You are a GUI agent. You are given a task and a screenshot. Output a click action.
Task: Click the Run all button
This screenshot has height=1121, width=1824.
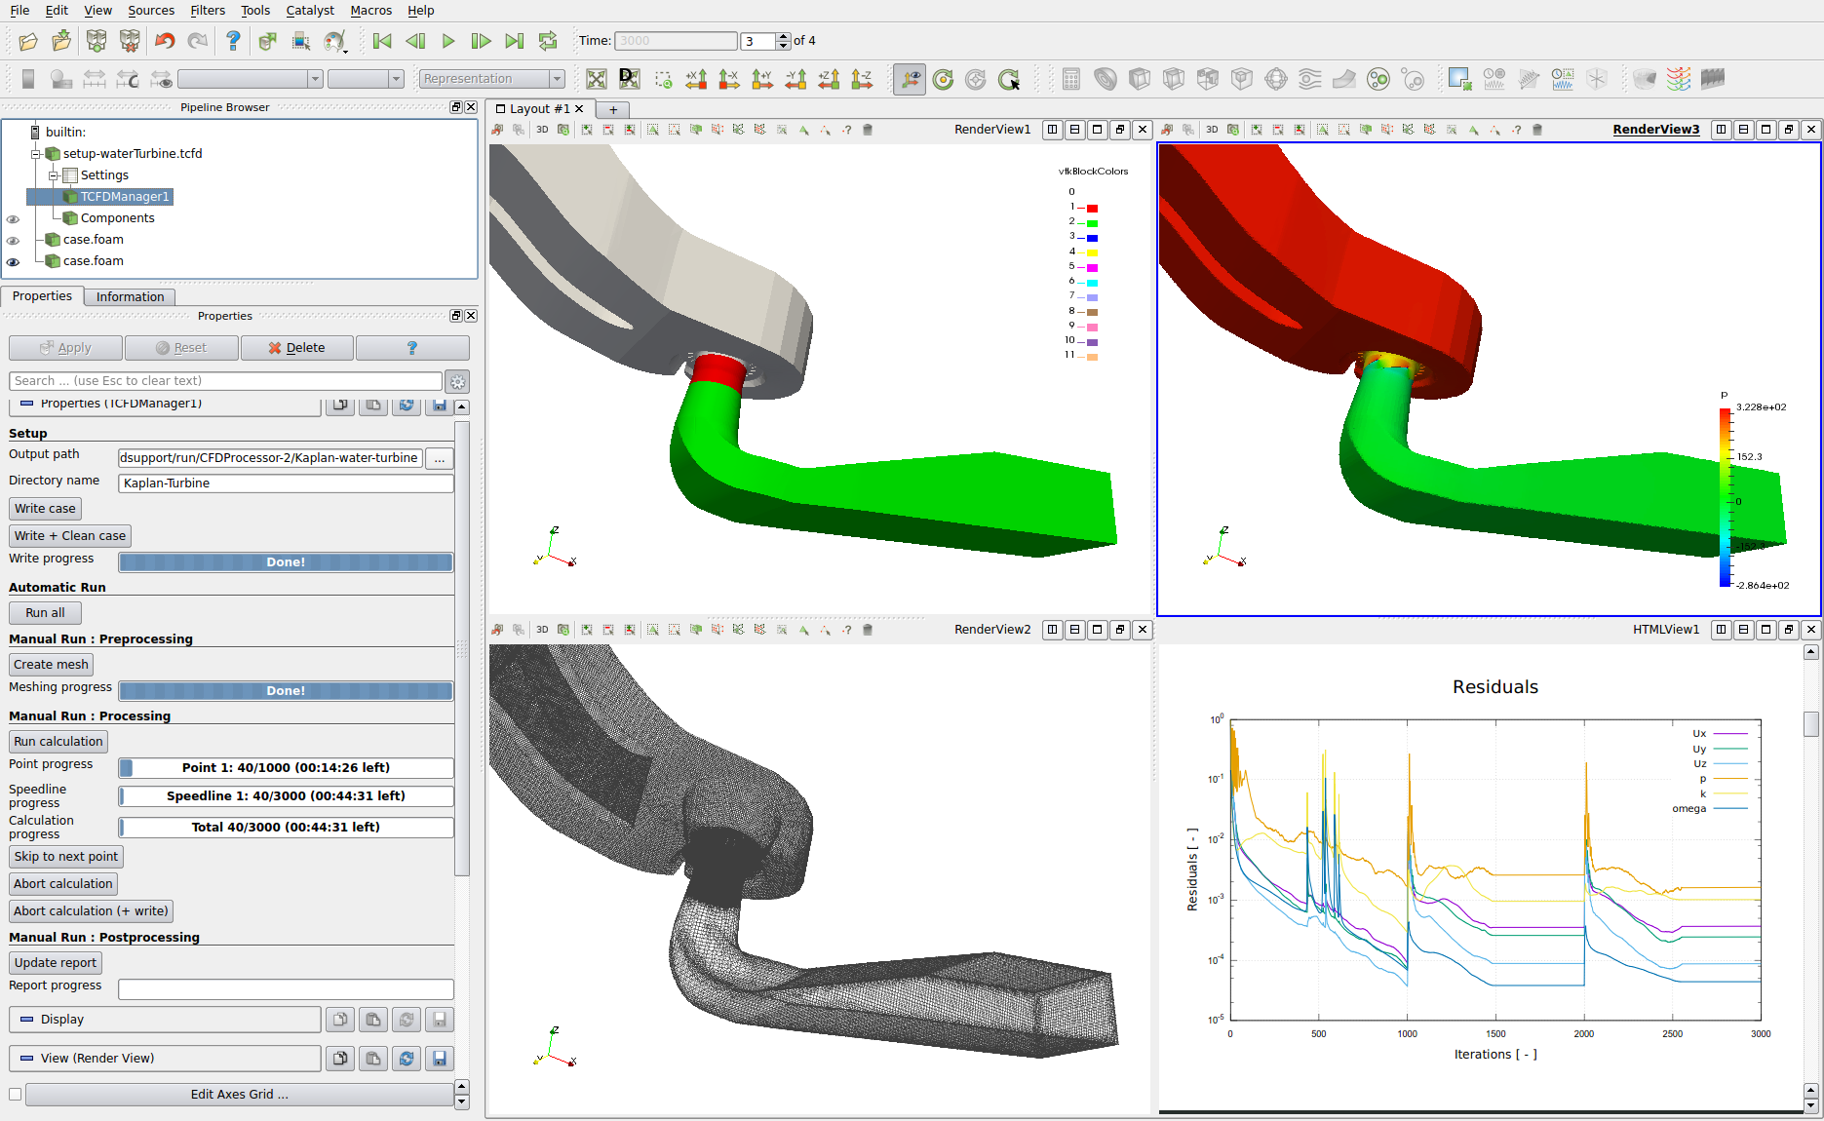45,613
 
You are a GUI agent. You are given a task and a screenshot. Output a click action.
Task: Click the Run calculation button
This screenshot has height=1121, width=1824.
58,742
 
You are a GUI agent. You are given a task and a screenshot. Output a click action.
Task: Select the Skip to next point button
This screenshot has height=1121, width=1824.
66,857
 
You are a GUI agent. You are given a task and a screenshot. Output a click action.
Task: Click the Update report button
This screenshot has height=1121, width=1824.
56,963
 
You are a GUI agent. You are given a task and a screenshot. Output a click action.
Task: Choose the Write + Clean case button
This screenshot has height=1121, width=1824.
70,536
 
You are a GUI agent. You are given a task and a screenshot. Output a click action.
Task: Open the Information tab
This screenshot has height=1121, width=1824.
130,297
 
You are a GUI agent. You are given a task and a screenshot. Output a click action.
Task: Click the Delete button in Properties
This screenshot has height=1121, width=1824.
296,348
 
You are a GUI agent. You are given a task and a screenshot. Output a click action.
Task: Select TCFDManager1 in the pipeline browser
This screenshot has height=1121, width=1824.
125,197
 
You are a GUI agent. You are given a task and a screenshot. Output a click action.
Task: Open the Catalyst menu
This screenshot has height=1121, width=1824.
310,11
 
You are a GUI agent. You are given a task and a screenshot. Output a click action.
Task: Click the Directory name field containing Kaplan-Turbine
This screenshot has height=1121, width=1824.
285,483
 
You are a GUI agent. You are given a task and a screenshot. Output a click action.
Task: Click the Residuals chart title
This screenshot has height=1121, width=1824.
1494,687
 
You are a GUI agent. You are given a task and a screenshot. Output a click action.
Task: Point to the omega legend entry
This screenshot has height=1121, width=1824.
1689,809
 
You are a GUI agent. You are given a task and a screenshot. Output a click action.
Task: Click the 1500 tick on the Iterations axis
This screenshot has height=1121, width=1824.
1495,1034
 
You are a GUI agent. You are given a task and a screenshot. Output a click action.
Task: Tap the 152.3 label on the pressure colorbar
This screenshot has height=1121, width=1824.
1749,457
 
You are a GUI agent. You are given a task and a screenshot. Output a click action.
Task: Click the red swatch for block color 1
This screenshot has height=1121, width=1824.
1092,209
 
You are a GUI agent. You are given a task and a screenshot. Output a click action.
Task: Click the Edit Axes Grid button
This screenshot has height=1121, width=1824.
239,1095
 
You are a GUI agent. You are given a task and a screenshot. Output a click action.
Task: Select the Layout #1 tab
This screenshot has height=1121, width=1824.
539,109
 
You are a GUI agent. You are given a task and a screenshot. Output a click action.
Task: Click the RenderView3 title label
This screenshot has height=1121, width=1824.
1655,130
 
